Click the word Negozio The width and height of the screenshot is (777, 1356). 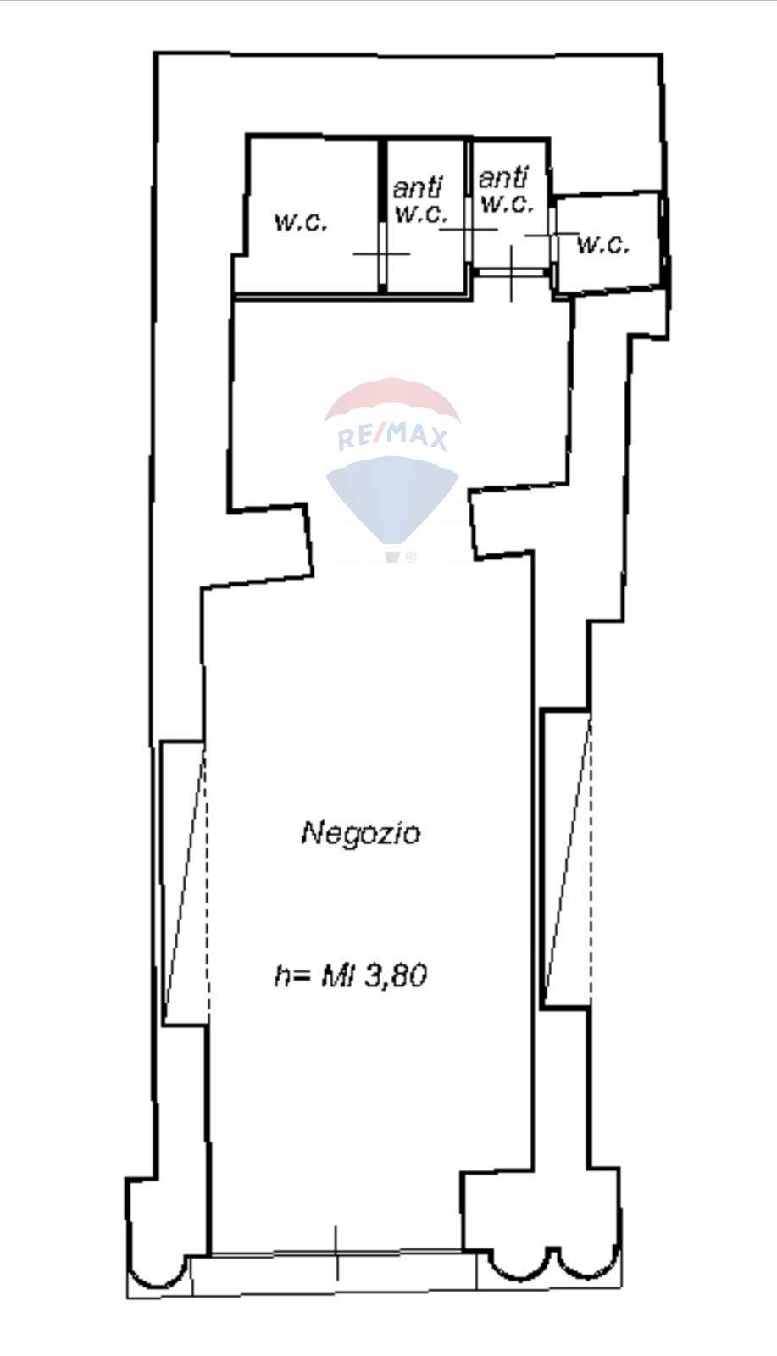coord(360,833)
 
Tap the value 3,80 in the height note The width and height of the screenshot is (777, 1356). coord(395,975)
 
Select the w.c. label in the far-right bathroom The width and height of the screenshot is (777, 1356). coord(603,244)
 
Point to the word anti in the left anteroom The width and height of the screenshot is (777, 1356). coord(418,188)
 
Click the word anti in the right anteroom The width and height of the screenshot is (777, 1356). coord(502,177)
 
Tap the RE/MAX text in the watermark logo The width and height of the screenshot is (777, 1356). coord(392,437)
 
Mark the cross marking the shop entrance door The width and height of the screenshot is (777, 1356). coord(337,1253)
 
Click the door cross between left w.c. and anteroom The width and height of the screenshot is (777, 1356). coord(382,253)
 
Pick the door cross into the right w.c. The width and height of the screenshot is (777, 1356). coord(552,235)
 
